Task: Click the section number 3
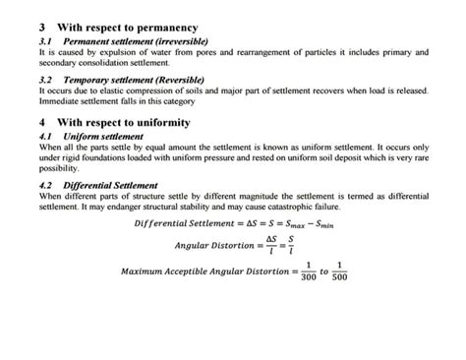click(x=41, y=28)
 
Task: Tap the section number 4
click(x=41, y=123)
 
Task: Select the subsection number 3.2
click(x=44, y=78)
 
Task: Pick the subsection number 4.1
click(x=44, y=136)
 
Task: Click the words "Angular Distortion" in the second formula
click(x=214, y=244)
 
